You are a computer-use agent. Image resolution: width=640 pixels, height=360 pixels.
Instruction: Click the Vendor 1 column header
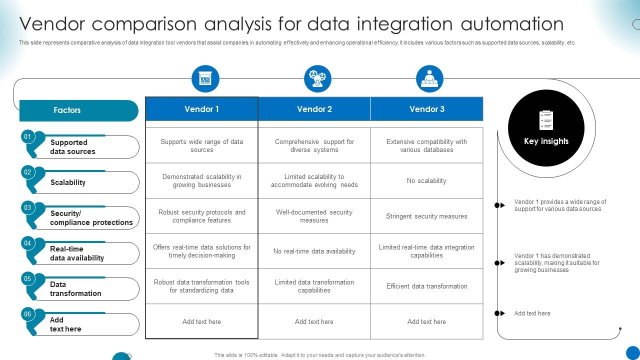[x=201, y=109]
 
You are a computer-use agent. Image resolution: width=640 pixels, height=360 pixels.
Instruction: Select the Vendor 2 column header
[x=314, y=109]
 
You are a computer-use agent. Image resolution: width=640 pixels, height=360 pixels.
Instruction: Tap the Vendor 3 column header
[x=427, y=109]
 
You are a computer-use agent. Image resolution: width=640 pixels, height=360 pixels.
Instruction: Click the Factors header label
[x=67, y=110]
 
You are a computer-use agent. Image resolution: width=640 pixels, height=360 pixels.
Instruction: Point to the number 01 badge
[x=27, y=136]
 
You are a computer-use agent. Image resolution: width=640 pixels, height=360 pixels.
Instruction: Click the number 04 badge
[x=27, y=243]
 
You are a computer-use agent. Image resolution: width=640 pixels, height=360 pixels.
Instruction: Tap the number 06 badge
[x=27, y=314]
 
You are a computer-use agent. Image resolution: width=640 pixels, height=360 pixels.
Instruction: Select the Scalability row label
[x=68, y=182]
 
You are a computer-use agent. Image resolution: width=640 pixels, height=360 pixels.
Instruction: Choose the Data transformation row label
[x=75, y=289]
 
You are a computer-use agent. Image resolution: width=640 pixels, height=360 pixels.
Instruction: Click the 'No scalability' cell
[x=426, y=180]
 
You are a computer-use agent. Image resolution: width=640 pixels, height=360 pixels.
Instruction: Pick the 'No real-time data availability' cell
[x=314, y=251]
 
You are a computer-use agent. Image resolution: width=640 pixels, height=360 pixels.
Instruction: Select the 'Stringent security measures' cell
[x=426, y=216]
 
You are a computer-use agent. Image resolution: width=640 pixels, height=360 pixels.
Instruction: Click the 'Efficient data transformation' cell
[x=426, y=286]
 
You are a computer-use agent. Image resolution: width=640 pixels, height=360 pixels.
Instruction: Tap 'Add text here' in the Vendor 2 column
[x=314, y=321]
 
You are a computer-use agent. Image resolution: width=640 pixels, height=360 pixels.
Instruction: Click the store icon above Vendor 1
[x=205, y=79]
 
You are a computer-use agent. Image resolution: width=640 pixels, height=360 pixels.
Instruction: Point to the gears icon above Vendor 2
[x=317, y=79]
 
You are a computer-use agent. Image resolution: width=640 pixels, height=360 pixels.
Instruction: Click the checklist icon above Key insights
[x=546, y=120]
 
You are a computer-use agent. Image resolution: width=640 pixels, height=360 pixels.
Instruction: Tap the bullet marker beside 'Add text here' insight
[x=499, y=313]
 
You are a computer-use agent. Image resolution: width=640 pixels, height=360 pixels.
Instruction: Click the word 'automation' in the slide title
[x=512, y=23]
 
